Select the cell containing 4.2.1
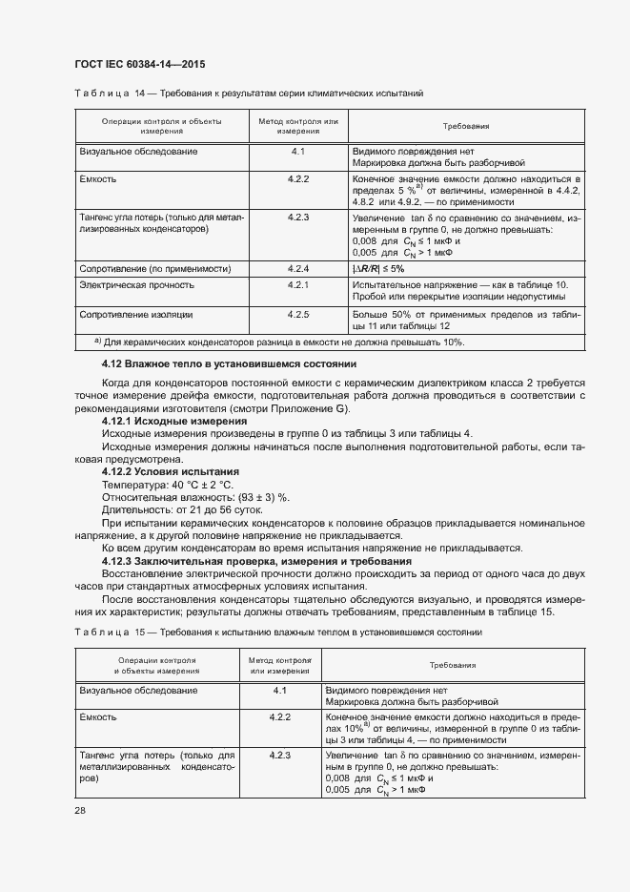[x=298, y=285]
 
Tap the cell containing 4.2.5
[x=298, y=314]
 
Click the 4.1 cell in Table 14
[x=298, y=152]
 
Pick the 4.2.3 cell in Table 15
[x=279, y=756]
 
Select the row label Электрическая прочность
[x=137, y=285]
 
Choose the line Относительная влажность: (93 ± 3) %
[x=195, y=497]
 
